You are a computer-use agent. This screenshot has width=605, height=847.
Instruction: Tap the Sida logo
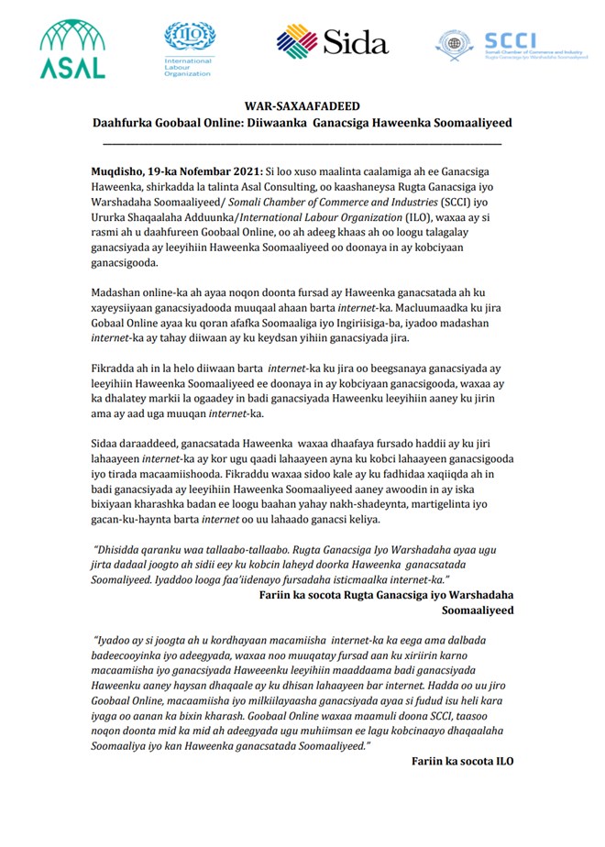click(x=332, y=41)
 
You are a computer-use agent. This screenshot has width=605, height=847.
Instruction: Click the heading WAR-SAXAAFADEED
click(x=302, y=106)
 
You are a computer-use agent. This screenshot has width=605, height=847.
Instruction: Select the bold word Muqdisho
click(x=122, y=170)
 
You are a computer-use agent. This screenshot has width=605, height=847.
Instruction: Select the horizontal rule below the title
click(x=302, y=142)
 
